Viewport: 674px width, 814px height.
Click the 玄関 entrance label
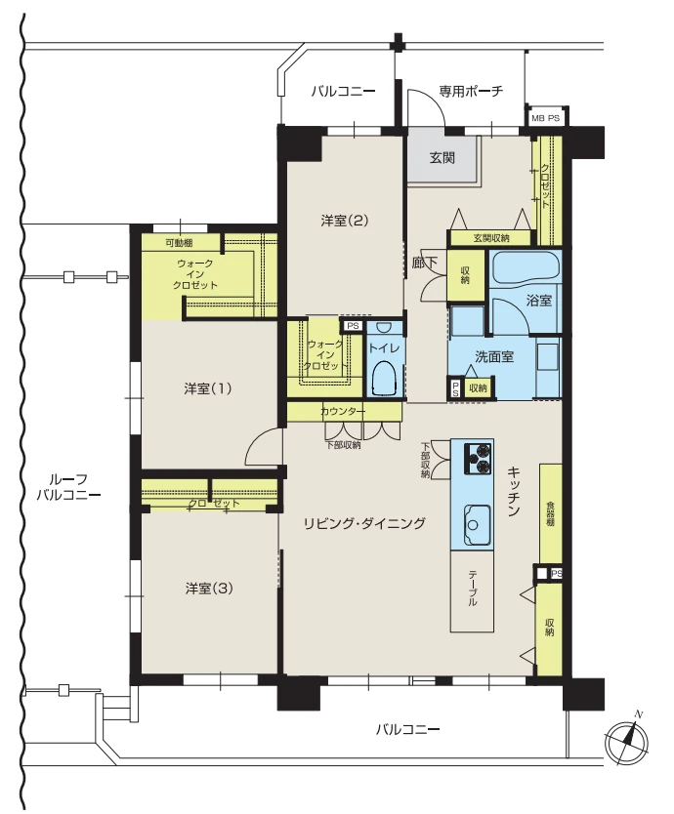coord(442,157)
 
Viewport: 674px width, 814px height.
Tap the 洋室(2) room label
coord(345,221)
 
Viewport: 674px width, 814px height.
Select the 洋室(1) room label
coord(207,388)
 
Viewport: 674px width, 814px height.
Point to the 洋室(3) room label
coord(209,589)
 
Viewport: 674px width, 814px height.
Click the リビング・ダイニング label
coord(364,523)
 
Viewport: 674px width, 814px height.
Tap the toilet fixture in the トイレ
coord(385,379)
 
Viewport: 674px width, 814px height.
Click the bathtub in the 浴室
coord(525,266)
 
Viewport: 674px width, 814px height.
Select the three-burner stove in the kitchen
coord(477,459)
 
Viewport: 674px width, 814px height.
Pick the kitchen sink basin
coord(476,524)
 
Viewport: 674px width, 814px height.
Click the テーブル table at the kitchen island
coord(472,591)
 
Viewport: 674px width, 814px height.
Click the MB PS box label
coord(546,118)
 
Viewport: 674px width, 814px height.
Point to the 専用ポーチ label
coord(471,91)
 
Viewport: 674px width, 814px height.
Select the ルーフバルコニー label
coord(68,487)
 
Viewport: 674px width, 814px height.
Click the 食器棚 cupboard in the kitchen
coord(550,513)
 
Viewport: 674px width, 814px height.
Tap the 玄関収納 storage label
coord(491,238)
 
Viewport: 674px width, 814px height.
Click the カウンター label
coord(343,412)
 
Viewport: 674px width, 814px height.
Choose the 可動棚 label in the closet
coord(180,242)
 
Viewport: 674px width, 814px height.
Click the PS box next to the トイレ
coord(353,326)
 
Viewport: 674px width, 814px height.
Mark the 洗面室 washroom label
coord(494,356)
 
